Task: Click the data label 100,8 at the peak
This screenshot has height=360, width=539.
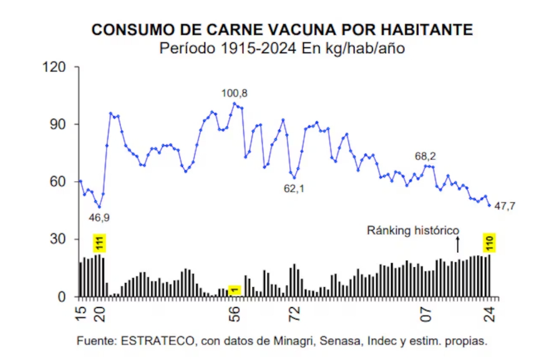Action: tap(235, 93)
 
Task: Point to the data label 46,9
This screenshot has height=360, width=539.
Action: tap(99, 218)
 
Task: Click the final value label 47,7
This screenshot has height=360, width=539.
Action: tap(504, 206)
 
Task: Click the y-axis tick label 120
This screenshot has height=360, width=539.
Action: tap(54, 67)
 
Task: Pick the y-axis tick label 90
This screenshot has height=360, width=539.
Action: tap(58, 124)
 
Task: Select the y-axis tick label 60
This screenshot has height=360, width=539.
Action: tap(58, 182)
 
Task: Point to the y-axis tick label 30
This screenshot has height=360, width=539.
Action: tap(58, 240)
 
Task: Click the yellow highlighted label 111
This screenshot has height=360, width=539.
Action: tap(99, 242)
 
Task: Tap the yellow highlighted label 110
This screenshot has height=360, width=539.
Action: tap(490, 241)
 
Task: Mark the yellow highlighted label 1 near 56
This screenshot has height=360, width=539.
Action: tap(235, 290)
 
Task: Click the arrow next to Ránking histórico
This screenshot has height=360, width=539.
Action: tap(457, 244)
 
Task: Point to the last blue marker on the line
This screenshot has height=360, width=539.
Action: tap(490, 205)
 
